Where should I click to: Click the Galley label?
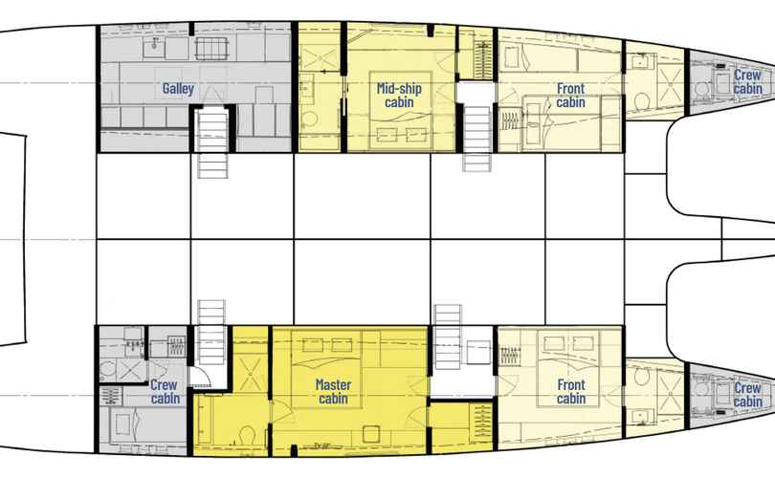pyautogui.click(x=178, y=89)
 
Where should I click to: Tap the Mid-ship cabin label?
pyautogui.click(x=399, y=96)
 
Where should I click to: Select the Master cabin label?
pyautogui.click(x=333, y=391)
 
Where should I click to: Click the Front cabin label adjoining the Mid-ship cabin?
pyautogui.click(x=571, y=96)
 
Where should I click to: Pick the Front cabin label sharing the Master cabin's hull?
pyautogui.click(x=571, y=391)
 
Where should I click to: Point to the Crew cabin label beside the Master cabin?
pyautogui.click(x=166, y=391)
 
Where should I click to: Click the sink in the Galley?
pyautogui.click(x=154, y=48)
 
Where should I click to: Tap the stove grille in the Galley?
pyautogui.click(x=211, y=49)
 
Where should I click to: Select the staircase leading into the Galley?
pyautogui.click(x=212, y=143)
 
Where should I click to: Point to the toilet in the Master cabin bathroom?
pyautogui.click(x=246, y=435)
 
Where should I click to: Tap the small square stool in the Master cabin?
pyautogui.click(x=370, y=434)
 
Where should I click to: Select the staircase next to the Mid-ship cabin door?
pyautogui.click(x=477, y=138)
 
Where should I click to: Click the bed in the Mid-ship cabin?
pyautogui.click(x=401, y=110)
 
